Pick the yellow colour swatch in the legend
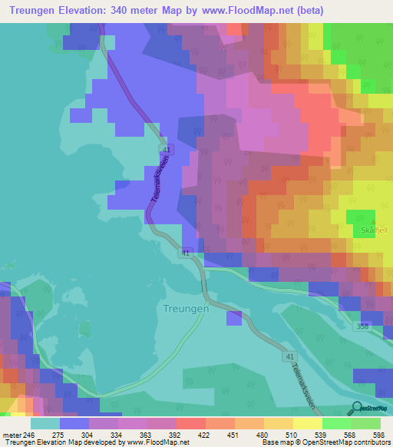click(x=307, y=423)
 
